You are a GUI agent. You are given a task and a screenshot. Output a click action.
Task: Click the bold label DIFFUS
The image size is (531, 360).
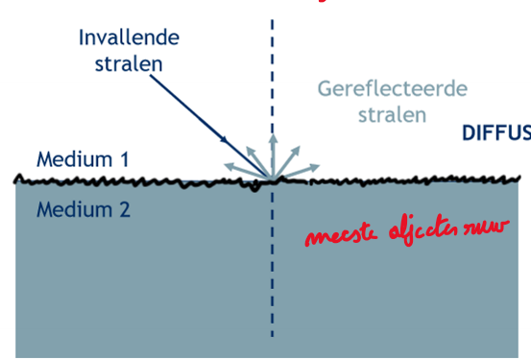tap(495, 132)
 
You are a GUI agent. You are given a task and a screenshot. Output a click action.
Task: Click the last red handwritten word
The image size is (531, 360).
tap(484, 230)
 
